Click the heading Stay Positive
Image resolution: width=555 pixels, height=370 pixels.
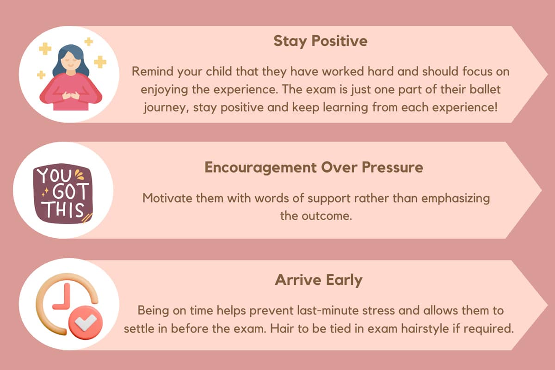(x=321, y=41)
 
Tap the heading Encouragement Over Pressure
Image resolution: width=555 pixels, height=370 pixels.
(x=314, y=167)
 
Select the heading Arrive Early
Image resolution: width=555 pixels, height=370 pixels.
(x=319, y=280)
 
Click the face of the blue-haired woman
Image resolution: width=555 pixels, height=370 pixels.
(x=71, y=62)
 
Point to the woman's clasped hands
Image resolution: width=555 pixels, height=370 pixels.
(x=71, y=95)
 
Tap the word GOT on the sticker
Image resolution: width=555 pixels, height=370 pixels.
(x=70, y=191)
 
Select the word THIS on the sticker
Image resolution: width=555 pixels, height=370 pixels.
(x=64, y=210)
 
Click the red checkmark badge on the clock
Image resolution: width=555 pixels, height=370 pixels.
(x=86, y=322)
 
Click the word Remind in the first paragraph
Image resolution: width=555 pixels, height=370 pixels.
(x=152, y=71)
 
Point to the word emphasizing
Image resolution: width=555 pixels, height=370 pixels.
(x=456, y=199)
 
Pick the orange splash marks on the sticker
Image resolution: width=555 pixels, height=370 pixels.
(x=79, y=174)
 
